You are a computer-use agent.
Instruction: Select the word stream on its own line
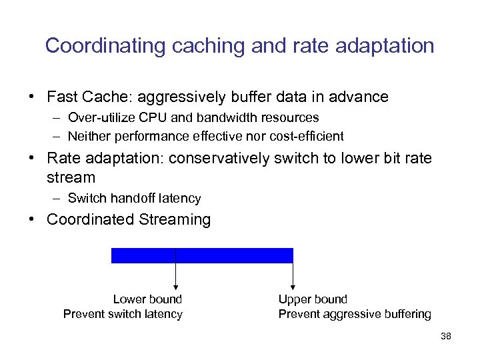[x=71, y=177]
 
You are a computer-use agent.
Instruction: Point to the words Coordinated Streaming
[x=128, y=220]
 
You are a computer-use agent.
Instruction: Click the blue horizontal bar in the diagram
[x=202, y=255]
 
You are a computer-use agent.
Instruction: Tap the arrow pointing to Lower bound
[x=175, y=273]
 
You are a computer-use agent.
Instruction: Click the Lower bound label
[x=147, y=299]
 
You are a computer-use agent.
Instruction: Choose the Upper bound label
[x=313, y=299]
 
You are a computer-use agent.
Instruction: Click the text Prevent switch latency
[x=123, y=314]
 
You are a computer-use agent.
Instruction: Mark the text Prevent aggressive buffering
[x=354, y=314]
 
